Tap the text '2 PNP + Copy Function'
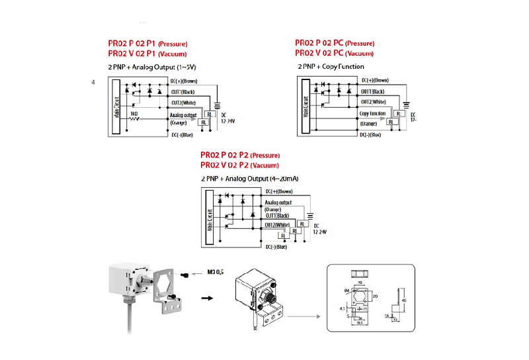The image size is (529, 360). pos(331,66)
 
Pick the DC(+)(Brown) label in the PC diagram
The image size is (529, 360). pos(374,80)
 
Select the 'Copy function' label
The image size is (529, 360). pos(372,113)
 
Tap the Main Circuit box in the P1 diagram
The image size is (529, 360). pos(116,108)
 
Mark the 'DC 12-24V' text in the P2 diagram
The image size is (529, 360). pos(319,230)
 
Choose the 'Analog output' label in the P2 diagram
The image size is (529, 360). pos(278,202)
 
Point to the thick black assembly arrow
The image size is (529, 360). pos(208,298)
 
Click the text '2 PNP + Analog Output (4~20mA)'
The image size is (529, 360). pos(249,179)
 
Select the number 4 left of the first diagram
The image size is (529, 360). pos(93,83)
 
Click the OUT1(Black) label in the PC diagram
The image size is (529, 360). pos(372,91)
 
